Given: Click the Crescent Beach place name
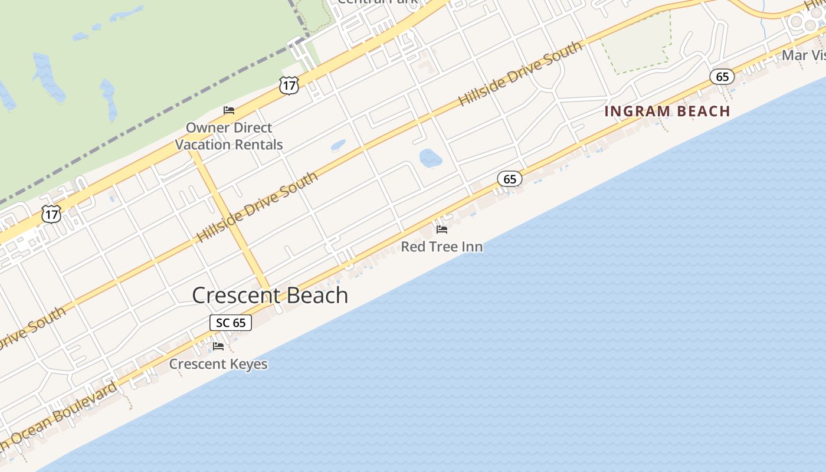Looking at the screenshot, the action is [270, 295].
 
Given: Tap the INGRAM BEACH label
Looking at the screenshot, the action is [667, 111].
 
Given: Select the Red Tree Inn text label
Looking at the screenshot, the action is [442, 247].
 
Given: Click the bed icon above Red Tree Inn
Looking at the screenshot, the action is [442, 230].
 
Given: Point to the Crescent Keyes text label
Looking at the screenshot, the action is [218, 364].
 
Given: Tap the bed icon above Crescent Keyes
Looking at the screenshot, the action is [218, 346].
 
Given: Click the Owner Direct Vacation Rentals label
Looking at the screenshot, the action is [229, 136].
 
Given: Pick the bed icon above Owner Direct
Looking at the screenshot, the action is [229, 110].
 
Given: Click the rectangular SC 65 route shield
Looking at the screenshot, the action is [231, 323].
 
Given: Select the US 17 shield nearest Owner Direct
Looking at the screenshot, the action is [289, 85].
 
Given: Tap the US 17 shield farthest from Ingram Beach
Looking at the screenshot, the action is [51, 214].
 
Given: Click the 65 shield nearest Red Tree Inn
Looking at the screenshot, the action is [510, 179].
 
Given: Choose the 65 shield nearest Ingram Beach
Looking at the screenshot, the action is [722, 77].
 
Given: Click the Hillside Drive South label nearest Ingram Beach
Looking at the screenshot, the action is [520, 73].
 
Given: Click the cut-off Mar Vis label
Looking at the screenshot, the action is [803, 55].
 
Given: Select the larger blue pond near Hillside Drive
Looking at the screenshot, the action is [431, 158].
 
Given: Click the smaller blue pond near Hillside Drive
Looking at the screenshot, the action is [338, 145].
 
